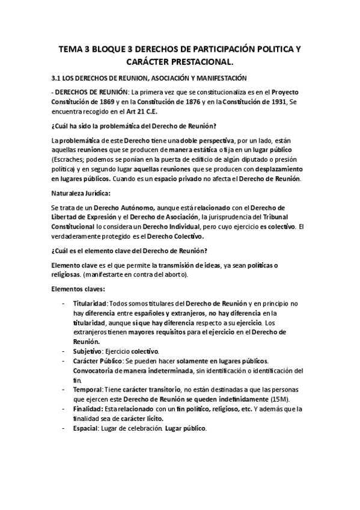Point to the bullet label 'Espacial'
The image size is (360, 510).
click(x=88, y=428)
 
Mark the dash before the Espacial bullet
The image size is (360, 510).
click(x=64, y=428)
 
